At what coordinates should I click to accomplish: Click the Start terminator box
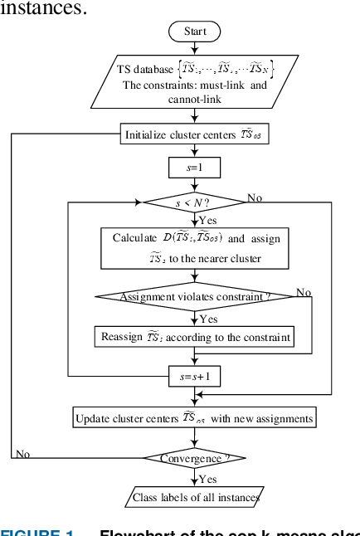[195, 32]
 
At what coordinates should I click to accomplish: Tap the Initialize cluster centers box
[195, 134]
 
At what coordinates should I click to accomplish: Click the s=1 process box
[195, 168]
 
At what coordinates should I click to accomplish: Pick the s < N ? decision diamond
[195, 202]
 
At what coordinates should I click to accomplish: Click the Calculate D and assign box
[195, 248]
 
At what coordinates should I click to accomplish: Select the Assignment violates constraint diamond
[195, 296]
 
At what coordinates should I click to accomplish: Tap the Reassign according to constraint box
[195, 337]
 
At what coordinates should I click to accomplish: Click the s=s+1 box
[195, 376]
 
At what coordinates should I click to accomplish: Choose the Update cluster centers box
[195, 418]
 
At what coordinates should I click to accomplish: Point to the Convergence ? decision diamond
[195, 457]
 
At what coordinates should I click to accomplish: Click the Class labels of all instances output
[195, 498]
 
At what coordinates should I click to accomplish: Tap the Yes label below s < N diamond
[208, 221]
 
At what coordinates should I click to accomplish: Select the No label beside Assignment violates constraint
[304, 292]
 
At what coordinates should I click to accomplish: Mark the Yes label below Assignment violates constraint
[208, 318]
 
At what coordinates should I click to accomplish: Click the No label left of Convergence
[22, 454]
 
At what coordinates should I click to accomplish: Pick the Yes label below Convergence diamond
[208, 479]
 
